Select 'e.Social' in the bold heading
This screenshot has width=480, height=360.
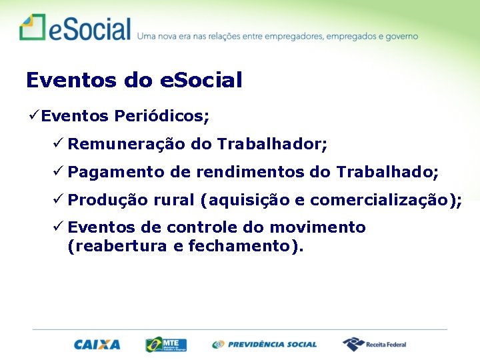tap(201, 81)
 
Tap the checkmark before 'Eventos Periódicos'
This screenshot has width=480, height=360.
tap(32, 117)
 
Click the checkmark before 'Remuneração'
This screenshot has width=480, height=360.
tap(59, 144)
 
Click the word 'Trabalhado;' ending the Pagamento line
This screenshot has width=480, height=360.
tap(387, 172)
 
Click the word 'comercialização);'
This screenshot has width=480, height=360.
tap(386, 200)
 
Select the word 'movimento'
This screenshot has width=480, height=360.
tap(322, 228)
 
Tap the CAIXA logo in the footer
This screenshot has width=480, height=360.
tap(97, 345)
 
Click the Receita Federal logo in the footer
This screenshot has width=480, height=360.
tap(375, 345)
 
